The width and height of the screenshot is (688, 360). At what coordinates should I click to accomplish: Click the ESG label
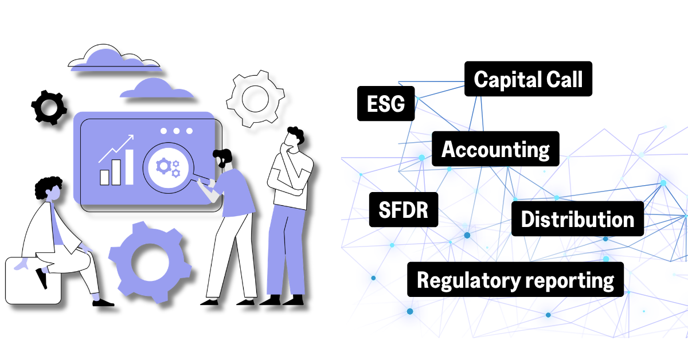(385, 104)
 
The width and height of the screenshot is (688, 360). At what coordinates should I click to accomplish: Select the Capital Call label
(527, 80)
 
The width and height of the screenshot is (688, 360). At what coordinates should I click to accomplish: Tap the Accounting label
(495, 150)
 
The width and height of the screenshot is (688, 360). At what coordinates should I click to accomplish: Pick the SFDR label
(404, 209)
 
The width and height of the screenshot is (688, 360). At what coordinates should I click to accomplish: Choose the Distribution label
(577, 219)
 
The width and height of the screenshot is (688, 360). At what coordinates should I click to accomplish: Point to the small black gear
(48, 106)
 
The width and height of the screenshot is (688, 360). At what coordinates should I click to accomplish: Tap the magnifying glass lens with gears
(167, 166)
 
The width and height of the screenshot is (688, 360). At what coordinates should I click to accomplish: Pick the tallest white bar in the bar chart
(129, 167)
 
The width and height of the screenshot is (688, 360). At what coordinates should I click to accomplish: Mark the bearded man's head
(222, 158)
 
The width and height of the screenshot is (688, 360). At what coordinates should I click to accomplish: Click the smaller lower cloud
(155, 89)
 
